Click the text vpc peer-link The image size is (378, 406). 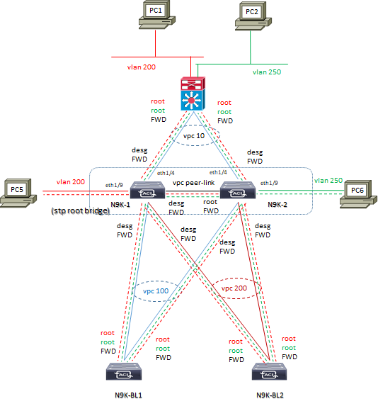tap(194, 182)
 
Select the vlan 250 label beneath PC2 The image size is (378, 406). tap(266, 72)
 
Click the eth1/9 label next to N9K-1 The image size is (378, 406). tap(114, 185)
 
